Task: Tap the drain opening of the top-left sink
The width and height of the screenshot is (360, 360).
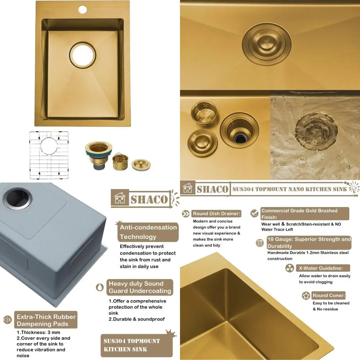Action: pyautogui.click(x=83, y=55)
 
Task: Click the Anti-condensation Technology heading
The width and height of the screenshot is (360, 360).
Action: pyautogui.click(x=148, y=232)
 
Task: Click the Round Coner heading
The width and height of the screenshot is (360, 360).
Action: pyautogui.click(x=328, y=296)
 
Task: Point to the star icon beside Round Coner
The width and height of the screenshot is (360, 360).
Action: pyautogui.click(x=306, y=296)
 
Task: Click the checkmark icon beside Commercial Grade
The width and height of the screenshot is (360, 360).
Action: pyautogui.click(x=255, y=213)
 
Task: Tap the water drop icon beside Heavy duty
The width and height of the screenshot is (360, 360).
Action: pyautogui.click(x=100, y=287)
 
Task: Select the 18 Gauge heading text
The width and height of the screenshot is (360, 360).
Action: pyautogui.click(x=309, y=243)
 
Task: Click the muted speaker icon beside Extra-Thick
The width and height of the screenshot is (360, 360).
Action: pyautogui.click(x=7, y=320)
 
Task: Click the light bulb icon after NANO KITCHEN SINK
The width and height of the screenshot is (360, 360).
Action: pyautogui.click(x=354, y=187)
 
